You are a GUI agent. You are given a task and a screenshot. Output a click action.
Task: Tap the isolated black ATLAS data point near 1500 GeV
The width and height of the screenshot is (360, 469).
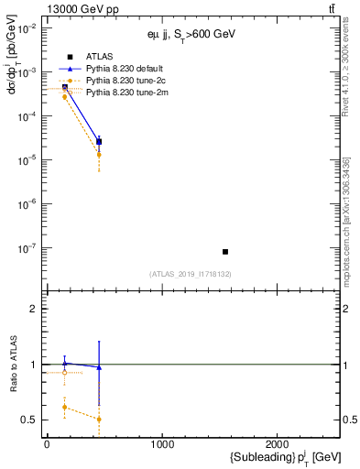[x=225, y=251]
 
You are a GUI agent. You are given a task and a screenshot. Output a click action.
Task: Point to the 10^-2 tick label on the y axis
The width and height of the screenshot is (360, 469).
[x=28, y=28]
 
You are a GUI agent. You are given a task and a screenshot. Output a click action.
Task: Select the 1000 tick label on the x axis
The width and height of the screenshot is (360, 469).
[x=162, y=445]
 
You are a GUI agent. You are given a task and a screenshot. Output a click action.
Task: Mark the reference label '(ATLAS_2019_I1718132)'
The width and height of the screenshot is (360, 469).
[x=191, y=274]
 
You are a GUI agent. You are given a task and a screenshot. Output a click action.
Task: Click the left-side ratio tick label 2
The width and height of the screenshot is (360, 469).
[x=34, y=310]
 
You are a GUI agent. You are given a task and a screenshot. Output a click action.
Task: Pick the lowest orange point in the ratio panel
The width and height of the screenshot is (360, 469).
[x=99, y=420]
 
